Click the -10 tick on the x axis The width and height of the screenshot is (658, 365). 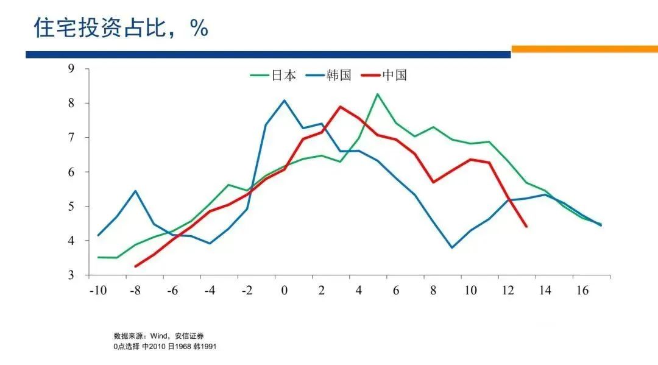pos(97,291)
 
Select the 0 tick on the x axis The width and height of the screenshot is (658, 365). pos(284,291)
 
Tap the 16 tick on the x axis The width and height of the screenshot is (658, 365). pos(582,291)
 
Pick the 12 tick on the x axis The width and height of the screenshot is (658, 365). pos(508,291)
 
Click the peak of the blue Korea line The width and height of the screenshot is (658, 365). pos(285,101)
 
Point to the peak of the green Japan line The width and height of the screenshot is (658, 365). pos(377,94)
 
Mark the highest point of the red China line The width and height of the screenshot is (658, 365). pos(340,107)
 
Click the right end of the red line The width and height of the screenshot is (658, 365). pos(526,226)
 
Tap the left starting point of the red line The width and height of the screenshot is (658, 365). pos(135,266)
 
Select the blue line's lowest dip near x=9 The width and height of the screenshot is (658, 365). pos(451,247)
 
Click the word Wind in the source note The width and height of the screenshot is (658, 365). pos(157,336)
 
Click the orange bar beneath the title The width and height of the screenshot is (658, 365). pos(584,49)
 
